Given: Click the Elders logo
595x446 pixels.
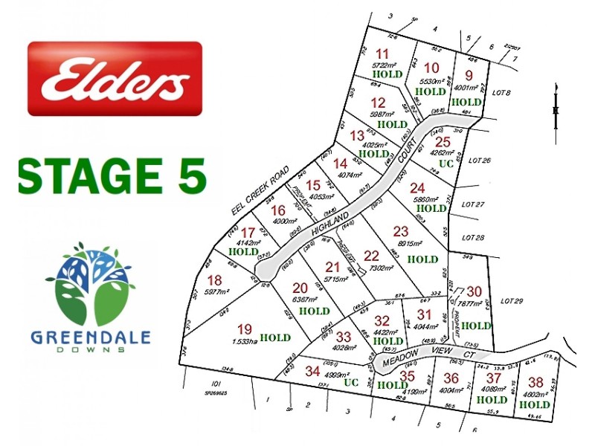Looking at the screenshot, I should (115, 79).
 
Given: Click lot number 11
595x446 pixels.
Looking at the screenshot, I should (382, 54).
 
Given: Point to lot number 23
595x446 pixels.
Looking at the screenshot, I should (401, 231).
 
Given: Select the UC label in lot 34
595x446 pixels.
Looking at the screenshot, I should (351, 383).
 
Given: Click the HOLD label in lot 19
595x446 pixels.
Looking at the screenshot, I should (274, 337).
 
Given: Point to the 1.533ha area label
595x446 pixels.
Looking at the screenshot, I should (245, 341).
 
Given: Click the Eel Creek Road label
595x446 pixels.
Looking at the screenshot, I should (260, 191).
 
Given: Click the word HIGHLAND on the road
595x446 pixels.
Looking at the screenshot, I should (331, 222).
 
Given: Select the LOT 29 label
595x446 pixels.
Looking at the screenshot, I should (513, 301).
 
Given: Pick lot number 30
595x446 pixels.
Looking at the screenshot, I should (474, 292).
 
